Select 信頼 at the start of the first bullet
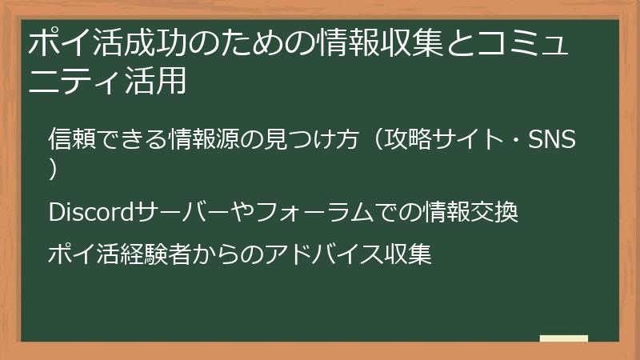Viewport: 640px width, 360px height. pos(68,140)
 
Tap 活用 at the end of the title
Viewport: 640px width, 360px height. pos(158,81)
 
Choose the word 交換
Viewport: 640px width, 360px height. pos(499,213)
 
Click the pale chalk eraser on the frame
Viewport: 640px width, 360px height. pos(564,339)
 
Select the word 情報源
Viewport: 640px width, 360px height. pos(213,140)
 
